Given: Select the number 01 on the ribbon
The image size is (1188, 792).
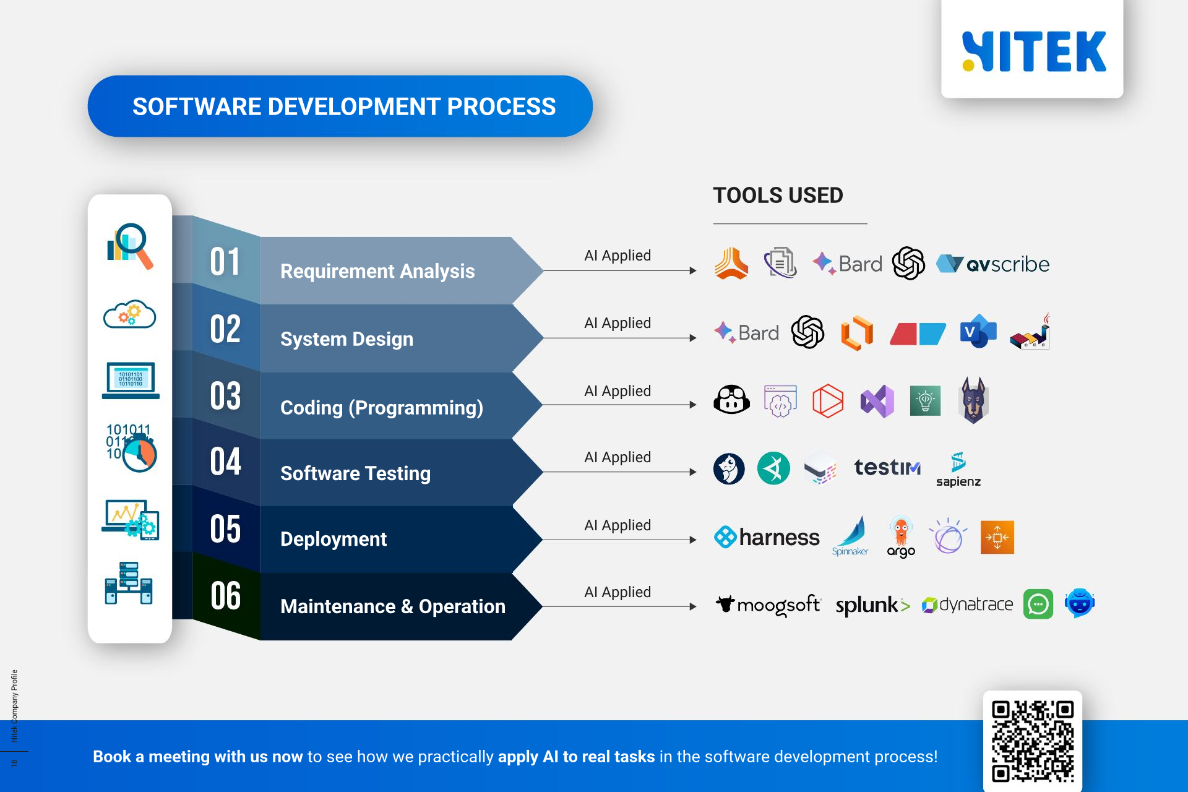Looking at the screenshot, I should click(225, 262).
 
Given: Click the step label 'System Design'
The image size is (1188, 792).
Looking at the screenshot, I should click(346, 339).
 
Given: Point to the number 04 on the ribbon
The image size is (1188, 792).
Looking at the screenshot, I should click(225, 462).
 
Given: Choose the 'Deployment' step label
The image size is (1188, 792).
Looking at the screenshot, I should click(334, 539).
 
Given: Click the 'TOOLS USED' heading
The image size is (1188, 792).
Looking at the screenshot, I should click(778, 196).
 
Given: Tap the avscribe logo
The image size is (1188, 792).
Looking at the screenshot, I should click(992, 264).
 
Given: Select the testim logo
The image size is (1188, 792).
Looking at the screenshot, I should click(887, 467).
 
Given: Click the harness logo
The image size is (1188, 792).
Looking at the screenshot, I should click(767, 537).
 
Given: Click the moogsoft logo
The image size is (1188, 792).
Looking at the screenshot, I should click(767, 605).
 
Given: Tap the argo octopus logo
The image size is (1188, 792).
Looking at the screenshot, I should click(901, 536).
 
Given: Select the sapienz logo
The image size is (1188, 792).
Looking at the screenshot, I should click(958, 470).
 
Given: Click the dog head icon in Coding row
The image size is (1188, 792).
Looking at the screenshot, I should click(973, 400).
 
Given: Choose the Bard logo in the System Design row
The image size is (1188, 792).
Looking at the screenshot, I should click(747, 333).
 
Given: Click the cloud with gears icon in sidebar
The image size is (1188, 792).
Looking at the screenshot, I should click(129, 314).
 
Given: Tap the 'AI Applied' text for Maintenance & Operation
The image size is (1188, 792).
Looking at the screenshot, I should click(617, 592).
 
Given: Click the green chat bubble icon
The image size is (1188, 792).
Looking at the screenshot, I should click(1038, 604).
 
